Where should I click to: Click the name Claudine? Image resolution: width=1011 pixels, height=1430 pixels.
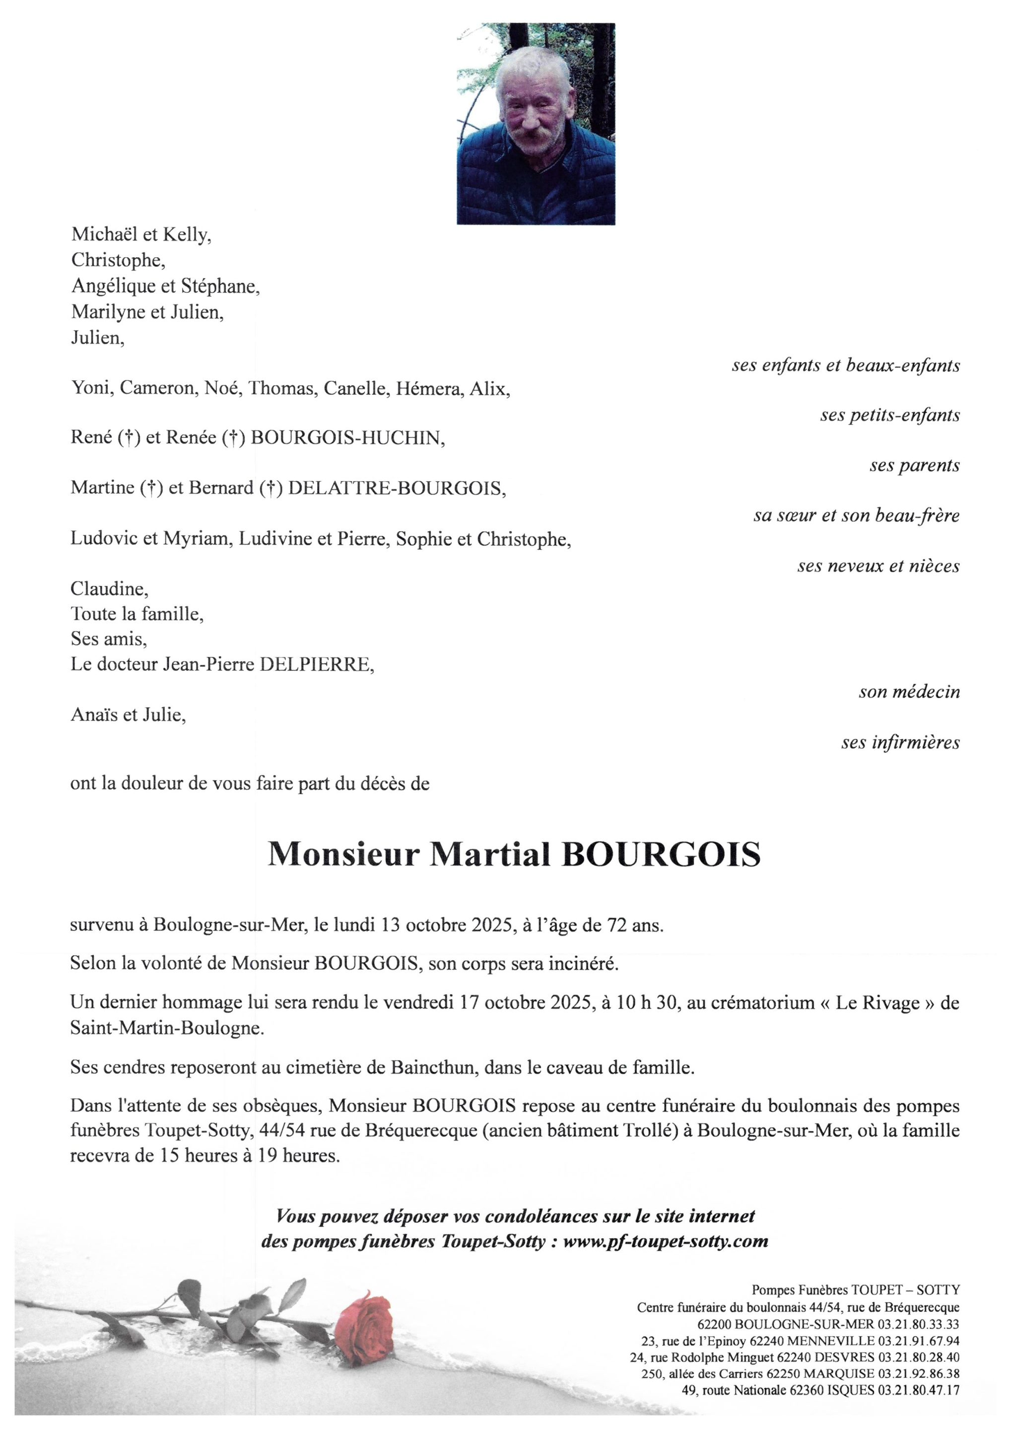[x=109, y=588]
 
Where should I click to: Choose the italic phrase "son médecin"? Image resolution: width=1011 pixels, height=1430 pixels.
[x=909, y=691]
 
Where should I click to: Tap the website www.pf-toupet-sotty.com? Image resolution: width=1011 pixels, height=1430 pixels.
[x=666, y=1241]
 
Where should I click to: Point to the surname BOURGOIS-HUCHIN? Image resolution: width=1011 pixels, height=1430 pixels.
[x=347, y=438]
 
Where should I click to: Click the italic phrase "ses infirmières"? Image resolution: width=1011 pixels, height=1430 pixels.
[x=900, y=742]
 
